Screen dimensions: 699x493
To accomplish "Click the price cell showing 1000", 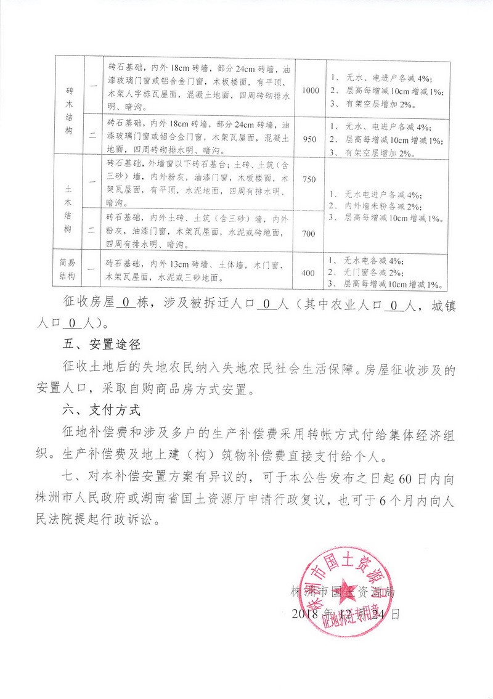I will tap(311, 91).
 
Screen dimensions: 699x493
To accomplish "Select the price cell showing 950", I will tap(311, 140).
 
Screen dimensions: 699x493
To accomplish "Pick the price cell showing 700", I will tap(309, 234).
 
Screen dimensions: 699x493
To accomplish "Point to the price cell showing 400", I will tap(309, 272).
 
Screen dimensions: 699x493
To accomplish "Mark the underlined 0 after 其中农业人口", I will tap(393, 303).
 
